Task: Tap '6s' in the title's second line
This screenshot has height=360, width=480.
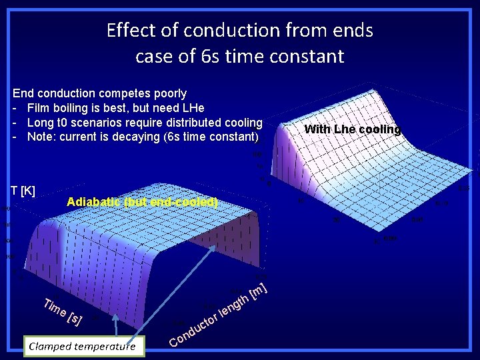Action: [213, 56]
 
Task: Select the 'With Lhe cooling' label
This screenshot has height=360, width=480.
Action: [352, 129]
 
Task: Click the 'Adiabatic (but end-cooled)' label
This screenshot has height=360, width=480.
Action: [143, 202]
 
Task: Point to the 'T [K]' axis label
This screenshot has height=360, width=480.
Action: [22, 191]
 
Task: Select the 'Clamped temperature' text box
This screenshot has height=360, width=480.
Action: [82, 346]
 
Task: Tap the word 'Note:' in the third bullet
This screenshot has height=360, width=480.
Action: [41, 137]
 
